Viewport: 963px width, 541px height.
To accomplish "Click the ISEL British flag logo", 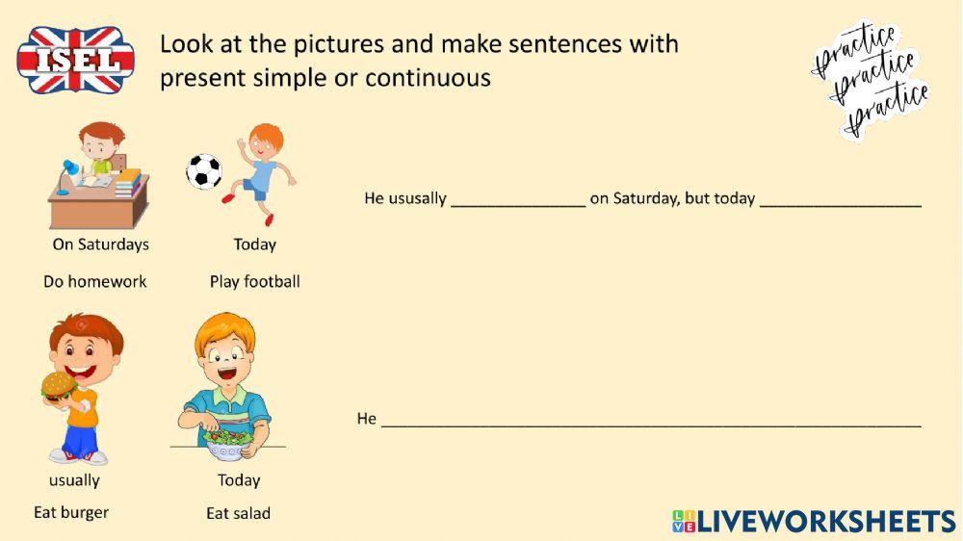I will pyautogui.click(x=75, y=60).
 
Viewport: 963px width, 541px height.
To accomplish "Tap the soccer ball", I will pyautogui.click(x=204, y=171).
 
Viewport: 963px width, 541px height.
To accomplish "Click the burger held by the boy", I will pyautogui.click(x=59, y=386).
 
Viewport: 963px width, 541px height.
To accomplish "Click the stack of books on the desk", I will pyautogui.click(x=128, y=182).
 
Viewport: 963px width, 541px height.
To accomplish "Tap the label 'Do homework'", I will pyautogui.click(x=95, y=282).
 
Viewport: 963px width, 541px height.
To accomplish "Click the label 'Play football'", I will pyautogui.click(x=255, y=282).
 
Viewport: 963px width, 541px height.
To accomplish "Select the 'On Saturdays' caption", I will pyautogui.click(x=101, y=245).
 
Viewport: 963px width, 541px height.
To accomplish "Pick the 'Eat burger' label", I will pyautogui.click(x=71, y=512).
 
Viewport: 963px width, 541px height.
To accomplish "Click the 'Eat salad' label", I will pyautogui.click(x=239, y=513).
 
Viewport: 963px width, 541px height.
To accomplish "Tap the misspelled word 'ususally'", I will pyautogui.click(x=418, y=199).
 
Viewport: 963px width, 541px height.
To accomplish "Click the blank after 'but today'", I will pyautogui.click(x=840, y=202).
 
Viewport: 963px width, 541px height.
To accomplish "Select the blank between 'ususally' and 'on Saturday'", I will pyautogui.click(x=518, y=202).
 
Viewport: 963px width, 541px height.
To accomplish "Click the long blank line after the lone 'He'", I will pyautogui.click(x=651, y=422).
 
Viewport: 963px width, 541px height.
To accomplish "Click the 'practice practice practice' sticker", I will pyautogui.click(x=872, y=79).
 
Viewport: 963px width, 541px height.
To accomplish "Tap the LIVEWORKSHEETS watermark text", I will pyautogui.click(x=826, y=522).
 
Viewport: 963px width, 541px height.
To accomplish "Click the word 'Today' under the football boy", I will pyautogui.click(x=255, y=245).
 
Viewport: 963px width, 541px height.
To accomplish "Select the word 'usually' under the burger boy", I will pyautogui.click(x=74, y=480).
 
